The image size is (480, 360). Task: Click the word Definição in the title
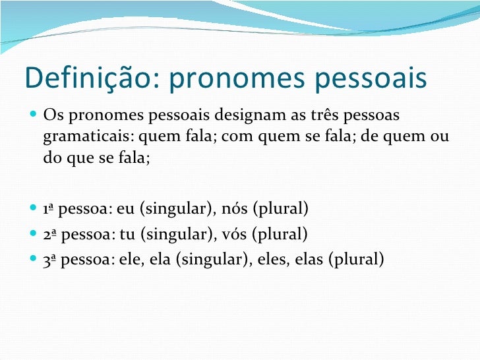pos(86,78)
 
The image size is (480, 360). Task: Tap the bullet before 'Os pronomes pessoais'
pos(32,117)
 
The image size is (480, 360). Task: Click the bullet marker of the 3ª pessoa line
pos(32,258)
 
